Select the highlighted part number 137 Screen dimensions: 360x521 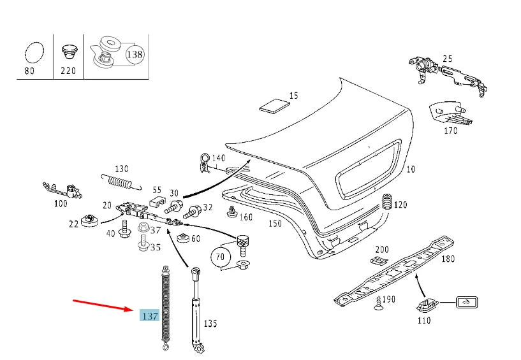tap(149, 315)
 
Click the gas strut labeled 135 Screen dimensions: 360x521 tap(195, 312)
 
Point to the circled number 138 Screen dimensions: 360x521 tap(135, 54)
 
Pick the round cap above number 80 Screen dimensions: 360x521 tap(34, 52)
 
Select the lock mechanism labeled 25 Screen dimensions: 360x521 tap(446, 71)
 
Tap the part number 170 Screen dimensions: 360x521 tap(451, 131)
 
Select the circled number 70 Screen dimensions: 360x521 tap(221, 257)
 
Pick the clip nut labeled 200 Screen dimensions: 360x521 tap(380, 260)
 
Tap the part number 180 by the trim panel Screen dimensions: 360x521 tap(448, 259)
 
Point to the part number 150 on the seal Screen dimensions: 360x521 tap(274, 224)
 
